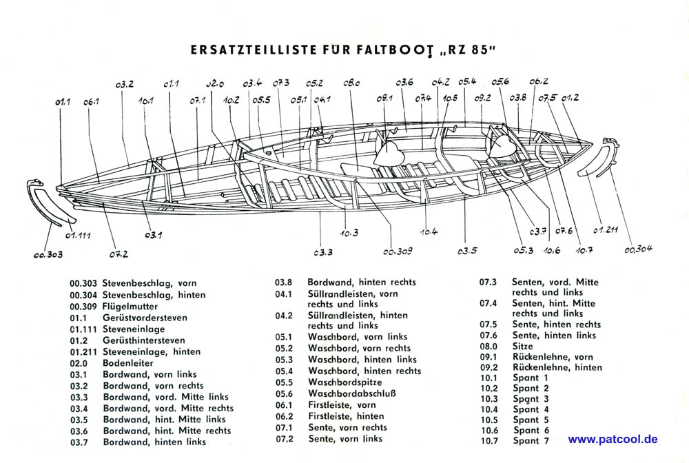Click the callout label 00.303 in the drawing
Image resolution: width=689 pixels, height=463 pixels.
[48, 254]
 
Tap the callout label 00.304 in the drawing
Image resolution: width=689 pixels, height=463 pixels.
[639, 249]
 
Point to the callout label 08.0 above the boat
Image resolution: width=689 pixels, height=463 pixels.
[351, 83]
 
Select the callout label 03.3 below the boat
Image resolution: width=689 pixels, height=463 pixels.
[323, 252]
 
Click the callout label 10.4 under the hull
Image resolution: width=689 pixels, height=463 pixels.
[429, 231]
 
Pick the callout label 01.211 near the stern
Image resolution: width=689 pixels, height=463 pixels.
[606, 229]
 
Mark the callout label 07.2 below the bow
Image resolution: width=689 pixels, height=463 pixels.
[119, 254]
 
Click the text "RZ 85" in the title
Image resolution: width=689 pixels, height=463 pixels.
[469, 50]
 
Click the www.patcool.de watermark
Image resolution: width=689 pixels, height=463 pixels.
[613, 439]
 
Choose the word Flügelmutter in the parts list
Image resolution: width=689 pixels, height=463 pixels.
[130, 306]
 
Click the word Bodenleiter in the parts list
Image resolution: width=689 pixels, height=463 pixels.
[128, 363]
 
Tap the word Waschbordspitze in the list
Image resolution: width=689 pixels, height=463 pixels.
[345, 382]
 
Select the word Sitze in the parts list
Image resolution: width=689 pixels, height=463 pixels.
[523, 346]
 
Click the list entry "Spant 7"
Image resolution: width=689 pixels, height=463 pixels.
[531, 440]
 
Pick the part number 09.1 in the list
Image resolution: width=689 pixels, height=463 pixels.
[489, 357]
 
